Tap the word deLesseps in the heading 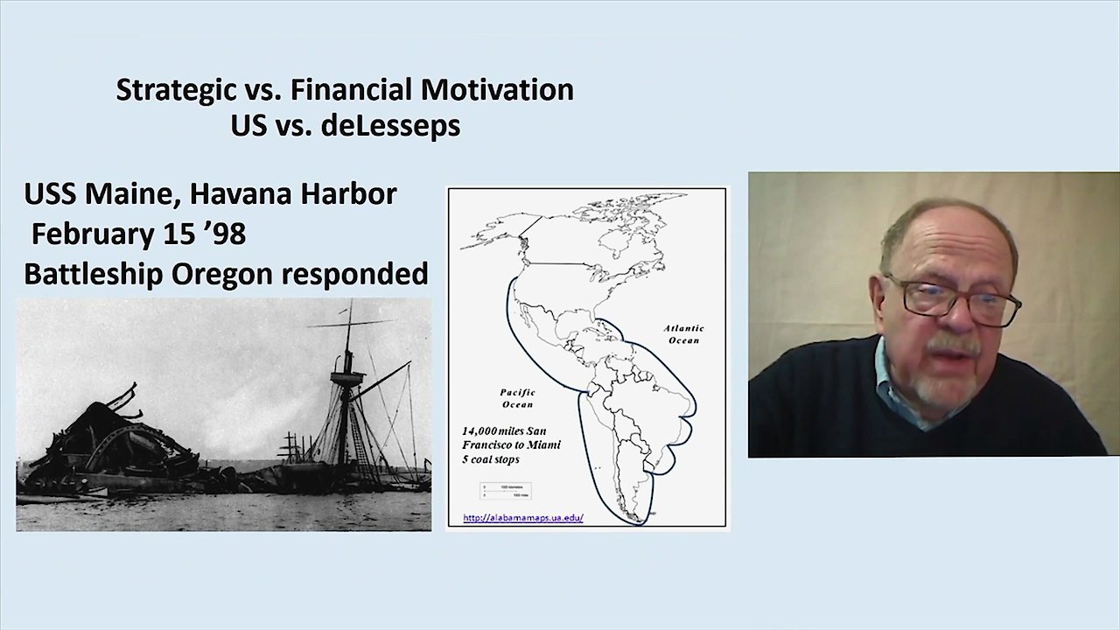[390, 125]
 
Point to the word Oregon [222, 274]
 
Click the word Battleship [93, 274]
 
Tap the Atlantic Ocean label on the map [683, 334]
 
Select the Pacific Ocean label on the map [517, 398]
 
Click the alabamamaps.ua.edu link [522, 517]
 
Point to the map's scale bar [505, 491]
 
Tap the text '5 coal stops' [491, 459]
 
